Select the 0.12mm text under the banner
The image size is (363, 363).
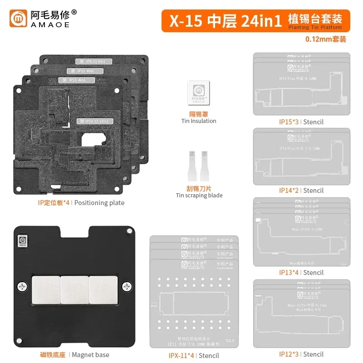click(326, 39)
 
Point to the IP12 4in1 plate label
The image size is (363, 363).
click(83, 71)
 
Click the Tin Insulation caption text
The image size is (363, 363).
click(199, 121)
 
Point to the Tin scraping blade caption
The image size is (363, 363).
click(199, 195)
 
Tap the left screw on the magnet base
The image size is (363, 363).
click(23, 286)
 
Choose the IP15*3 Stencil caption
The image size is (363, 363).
click(301, 122)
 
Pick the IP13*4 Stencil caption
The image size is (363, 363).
click(301, 272)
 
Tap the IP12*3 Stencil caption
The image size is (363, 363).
click(301, 354)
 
